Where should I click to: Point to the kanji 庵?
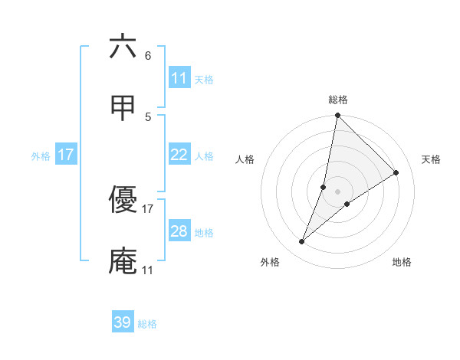pos(123,260)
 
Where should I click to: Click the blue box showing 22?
pos(179,155)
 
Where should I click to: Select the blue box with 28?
pos(179,231)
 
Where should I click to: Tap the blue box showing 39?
pos(123,322)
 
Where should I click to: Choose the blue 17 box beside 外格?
pos(66,155)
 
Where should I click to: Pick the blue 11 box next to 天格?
pos(179,78)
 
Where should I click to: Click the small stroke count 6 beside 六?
pos(148,55)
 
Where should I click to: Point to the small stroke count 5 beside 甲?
pos(148,116)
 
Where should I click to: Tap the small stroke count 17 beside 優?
pos(148,208)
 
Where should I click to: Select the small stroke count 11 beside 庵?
pos(148,270)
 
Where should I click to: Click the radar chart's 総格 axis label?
pos(338,100)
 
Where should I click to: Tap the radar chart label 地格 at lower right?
pos(402,262)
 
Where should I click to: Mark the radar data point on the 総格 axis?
pos(337,116)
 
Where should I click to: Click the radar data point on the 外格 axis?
pos(302,242)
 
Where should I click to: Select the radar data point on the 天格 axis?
pos(396,173)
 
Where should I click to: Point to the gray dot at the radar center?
pos(337,191)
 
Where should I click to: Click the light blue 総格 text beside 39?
pos(147,324)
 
